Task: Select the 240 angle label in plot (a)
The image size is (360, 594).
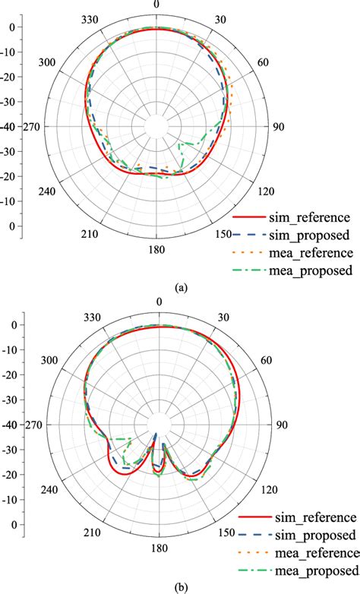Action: click(x=48, y=190)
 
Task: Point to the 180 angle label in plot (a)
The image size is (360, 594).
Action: click(x=156, y=249)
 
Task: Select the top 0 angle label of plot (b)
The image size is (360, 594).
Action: click(x=159, y=302)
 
